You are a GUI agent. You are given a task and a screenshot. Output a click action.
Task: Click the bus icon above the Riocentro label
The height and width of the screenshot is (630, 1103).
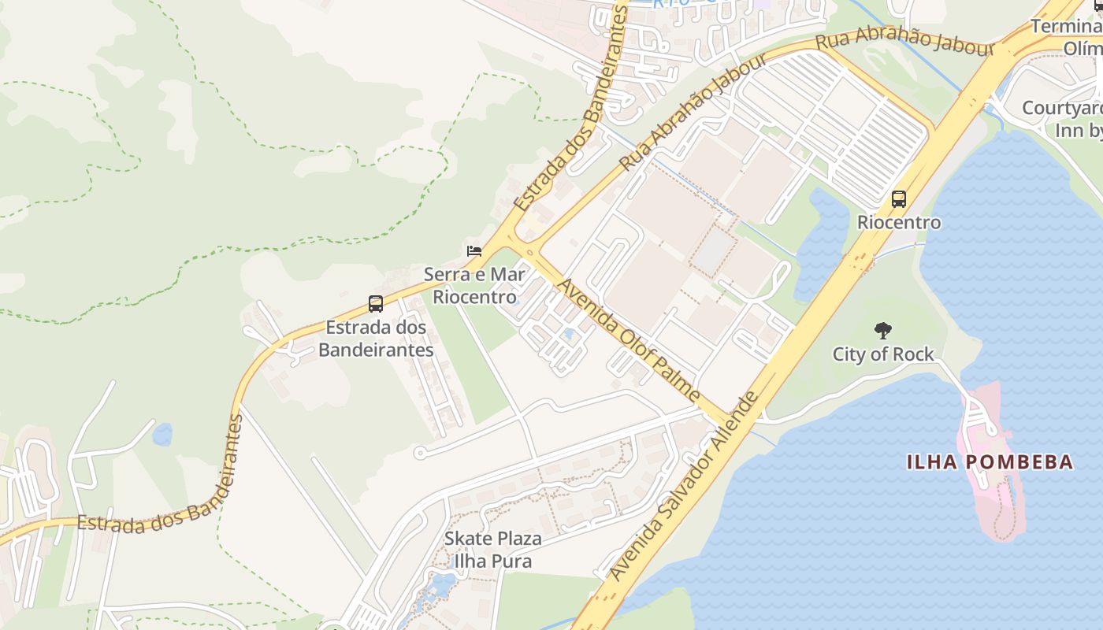(899, 199)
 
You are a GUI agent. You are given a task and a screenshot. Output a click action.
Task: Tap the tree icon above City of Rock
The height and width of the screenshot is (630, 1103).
(883, 331)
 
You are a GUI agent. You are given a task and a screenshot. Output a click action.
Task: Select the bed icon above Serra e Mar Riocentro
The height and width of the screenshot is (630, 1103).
(474, 251)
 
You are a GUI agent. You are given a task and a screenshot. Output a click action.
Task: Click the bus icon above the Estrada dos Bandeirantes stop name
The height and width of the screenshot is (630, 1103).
(376, 304)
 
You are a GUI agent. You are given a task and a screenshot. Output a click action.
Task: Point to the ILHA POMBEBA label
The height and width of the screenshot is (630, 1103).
(990, 462)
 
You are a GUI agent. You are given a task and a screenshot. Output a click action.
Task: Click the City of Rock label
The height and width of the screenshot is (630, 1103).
(883, 354)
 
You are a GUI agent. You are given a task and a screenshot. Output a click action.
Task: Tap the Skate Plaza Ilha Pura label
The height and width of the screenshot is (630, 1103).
(492, 550)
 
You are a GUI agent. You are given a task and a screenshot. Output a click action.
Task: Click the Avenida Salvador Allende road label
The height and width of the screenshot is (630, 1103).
(687, 486)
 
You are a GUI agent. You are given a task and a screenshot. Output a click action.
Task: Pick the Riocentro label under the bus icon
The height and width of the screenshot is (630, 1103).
(899, 223)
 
